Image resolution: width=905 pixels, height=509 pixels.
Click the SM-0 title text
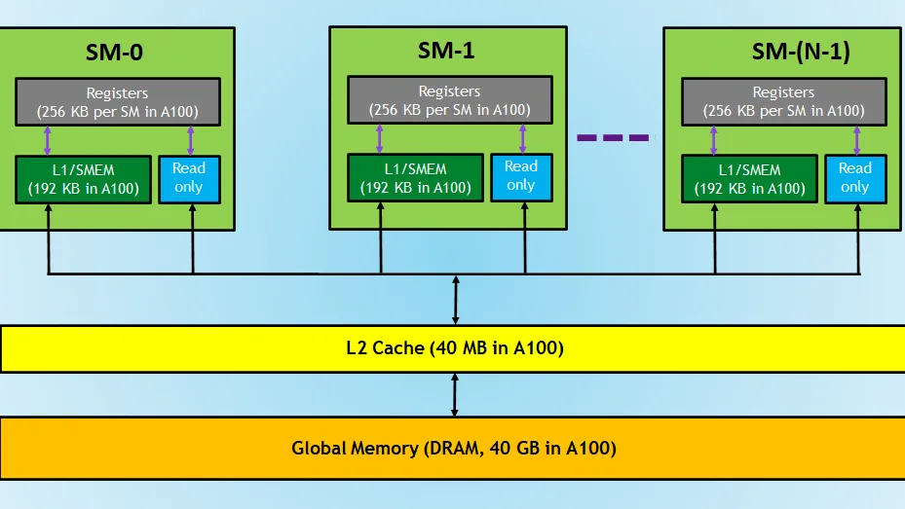tap(115, 53)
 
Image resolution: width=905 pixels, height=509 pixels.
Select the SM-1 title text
tap(447, 51)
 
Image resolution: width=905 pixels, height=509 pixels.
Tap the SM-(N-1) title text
tap(801, 53)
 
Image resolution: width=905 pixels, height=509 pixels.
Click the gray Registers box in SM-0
tap(117, 102)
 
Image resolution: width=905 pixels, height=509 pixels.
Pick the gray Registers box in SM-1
tap(450, 100)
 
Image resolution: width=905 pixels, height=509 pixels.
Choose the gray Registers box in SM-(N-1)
tap(783, 102)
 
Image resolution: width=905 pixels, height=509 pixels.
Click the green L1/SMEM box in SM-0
tap(83, 179)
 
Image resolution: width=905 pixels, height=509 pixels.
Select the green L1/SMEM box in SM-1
tap(416, 178)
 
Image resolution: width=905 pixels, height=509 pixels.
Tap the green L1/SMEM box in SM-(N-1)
tap(749, 179)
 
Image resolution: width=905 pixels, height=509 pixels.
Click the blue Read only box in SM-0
tap(189, 178)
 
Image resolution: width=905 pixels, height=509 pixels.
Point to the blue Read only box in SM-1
tap(521, 177)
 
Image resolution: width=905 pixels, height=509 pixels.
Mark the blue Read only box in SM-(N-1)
tap(854, 178)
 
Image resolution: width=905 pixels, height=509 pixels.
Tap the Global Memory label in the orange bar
tap(454, 448)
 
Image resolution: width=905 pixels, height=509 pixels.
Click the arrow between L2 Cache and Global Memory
tap(455, 395)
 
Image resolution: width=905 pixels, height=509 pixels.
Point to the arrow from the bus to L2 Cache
tap(455, 301)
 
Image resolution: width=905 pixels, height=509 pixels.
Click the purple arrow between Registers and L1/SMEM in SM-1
tap(380, 138)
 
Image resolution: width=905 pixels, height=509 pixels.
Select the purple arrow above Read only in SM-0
tap(190, 140)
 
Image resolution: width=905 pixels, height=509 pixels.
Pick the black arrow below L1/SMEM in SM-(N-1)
tap(716, 239)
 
